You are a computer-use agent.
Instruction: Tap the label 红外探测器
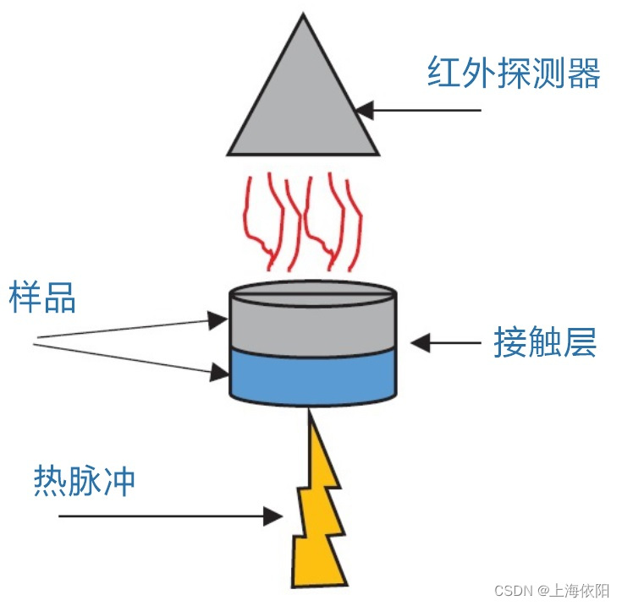click(514, 74)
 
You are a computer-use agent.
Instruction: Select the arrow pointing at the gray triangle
click(418, 110)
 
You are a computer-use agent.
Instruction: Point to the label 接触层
click(545, 343)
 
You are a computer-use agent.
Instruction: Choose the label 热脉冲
click(85, 481)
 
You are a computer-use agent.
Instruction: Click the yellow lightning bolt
click(319, 516)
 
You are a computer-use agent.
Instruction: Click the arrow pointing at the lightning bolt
click(169, 515)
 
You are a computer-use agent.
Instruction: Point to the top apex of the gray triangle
click(302, 17)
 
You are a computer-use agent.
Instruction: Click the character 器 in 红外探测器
click(583, 74)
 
